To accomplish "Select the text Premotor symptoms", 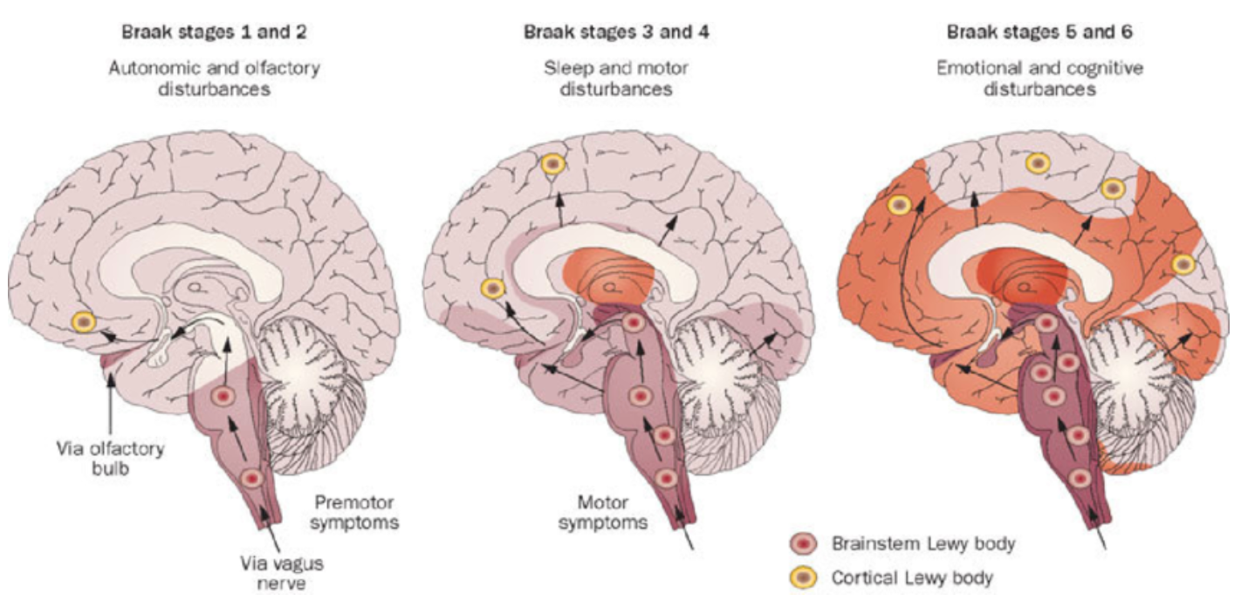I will pos(354,514).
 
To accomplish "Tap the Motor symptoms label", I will pos(612,513).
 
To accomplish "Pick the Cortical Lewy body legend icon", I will pos(808,576).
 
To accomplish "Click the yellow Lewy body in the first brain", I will pos(83,323).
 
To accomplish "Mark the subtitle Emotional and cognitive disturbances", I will pos(1034,78).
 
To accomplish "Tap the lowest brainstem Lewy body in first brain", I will pos(252,478).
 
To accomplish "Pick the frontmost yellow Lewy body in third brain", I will pos(900,205).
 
